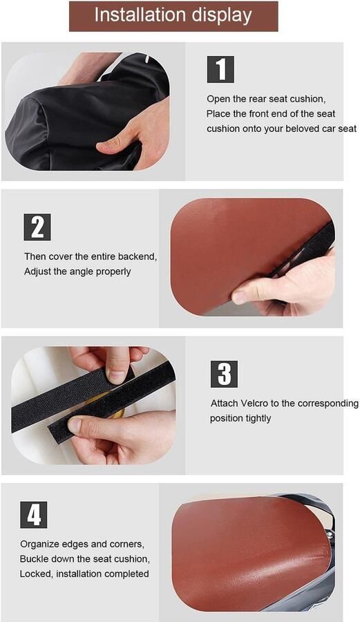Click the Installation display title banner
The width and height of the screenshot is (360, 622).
(x=173, y=17)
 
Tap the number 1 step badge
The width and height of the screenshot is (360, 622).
(x=220, y=69)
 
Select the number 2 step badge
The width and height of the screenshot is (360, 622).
(x=37, y=227)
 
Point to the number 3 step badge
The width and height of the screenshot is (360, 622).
(x=224, y=374)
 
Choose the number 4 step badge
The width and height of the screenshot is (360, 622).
(x=34, y=515)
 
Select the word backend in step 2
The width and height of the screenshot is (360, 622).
(x=138, y=256)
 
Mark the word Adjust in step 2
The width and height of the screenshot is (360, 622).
(x=37, y=272)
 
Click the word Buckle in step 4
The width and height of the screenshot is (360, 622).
(x=35, y=559)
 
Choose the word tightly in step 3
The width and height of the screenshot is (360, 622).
(x=258, y=419)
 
